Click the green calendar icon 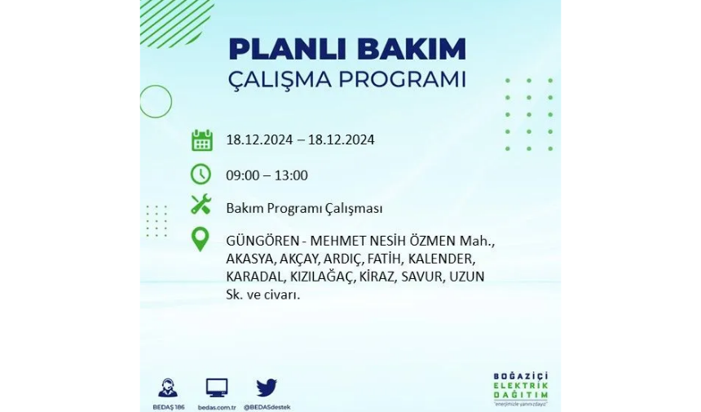click(201, 140)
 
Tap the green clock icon click(201, 174)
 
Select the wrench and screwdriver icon click(201, 205)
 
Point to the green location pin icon click(201, 239)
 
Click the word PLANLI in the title click(284, 49)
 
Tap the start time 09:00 click(243, 175)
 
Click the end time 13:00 click(291, 175)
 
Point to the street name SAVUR click(422, 277)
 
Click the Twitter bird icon click(267, 388)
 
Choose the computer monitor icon click(217, 388)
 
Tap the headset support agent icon click(168, 388)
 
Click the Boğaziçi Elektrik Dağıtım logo click(521, 388)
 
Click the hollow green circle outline click(172, 101)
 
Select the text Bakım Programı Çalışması click(304, 209)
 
